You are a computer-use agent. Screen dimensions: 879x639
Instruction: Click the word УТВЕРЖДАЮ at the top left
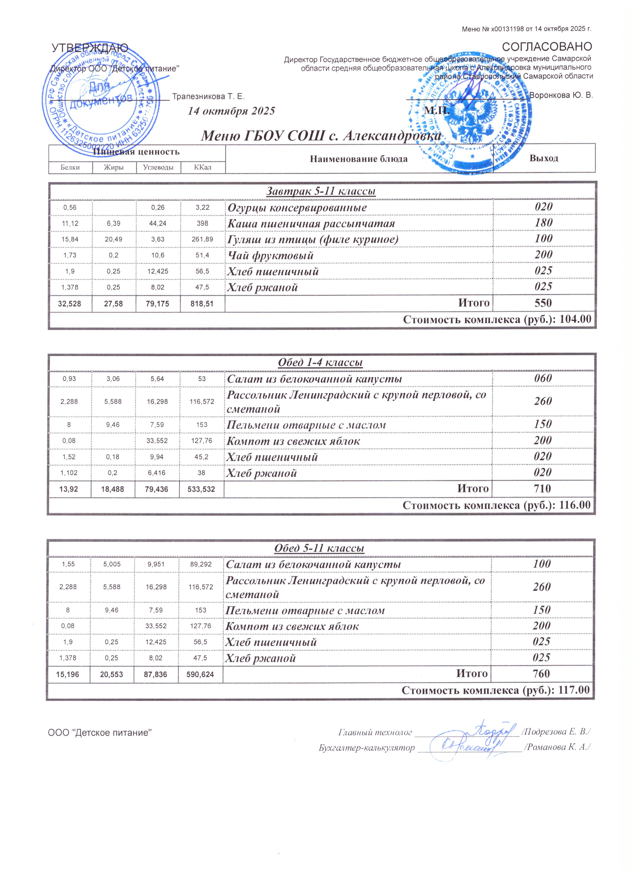pos(90,48)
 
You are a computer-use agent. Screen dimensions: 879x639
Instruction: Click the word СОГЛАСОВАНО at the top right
pos(547,47)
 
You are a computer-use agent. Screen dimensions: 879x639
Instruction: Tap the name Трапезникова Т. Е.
pos(208,96)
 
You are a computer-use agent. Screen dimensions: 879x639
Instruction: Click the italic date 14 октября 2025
pos(231,111)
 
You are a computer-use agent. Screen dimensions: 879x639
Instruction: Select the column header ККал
pos(203,168)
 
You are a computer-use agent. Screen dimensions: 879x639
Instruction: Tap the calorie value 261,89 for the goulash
pos(203,239)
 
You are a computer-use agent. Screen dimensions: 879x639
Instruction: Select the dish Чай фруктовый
pos(270,256)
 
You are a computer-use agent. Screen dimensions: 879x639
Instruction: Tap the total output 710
pos(543,489)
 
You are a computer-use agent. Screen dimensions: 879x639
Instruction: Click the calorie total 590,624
pos(201,674)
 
